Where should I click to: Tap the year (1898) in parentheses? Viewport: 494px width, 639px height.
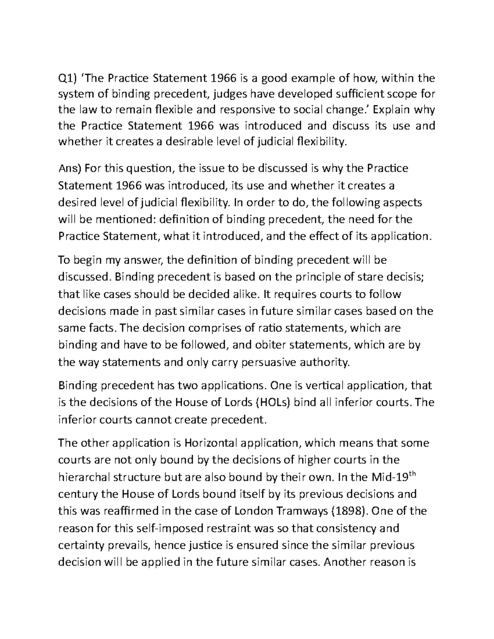[350, 511]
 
